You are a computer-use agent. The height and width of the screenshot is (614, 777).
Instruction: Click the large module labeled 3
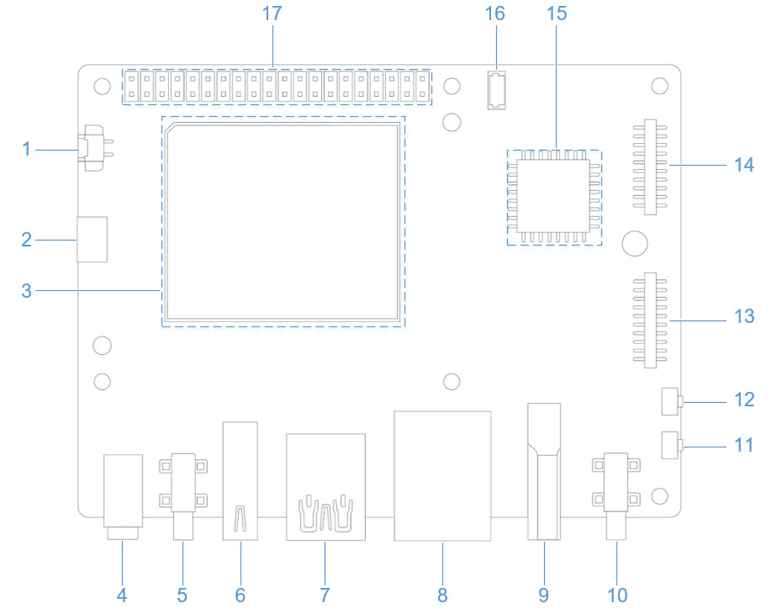tap(283, 222)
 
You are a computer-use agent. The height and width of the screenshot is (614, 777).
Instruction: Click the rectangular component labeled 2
tap(93, 239)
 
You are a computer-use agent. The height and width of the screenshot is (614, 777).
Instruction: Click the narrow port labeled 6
tap(240, 479)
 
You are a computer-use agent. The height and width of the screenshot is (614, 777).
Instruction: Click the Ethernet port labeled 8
tap(442, 475)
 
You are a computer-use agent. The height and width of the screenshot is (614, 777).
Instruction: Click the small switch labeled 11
tap(670, 445)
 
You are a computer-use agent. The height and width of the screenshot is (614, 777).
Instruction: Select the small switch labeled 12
tap(670, 401)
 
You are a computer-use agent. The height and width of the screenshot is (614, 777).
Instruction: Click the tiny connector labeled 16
tap(495, 90)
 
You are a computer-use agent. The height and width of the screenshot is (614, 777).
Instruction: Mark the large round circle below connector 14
tap(636, 244)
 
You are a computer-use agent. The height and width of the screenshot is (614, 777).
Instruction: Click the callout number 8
tap(442, 595)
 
